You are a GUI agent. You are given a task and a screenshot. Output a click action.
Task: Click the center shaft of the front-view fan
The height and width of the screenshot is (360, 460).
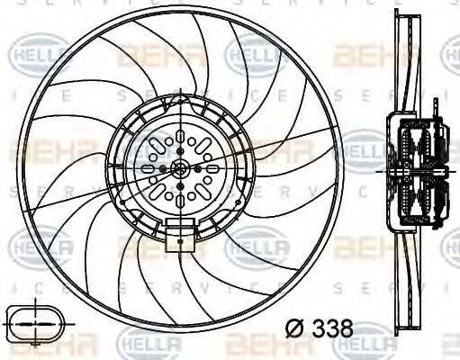[181, 168]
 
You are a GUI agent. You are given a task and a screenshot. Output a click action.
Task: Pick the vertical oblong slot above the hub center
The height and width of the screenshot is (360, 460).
[181, 139]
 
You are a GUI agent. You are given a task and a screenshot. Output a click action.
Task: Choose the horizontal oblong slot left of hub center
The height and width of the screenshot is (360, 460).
[149, 168]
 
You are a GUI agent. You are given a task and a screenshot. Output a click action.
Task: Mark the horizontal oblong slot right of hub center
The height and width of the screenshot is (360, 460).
[212, 168]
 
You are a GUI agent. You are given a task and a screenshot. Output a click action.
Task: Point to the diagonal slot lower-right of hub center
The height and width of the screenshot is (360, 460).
[203, 190]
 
